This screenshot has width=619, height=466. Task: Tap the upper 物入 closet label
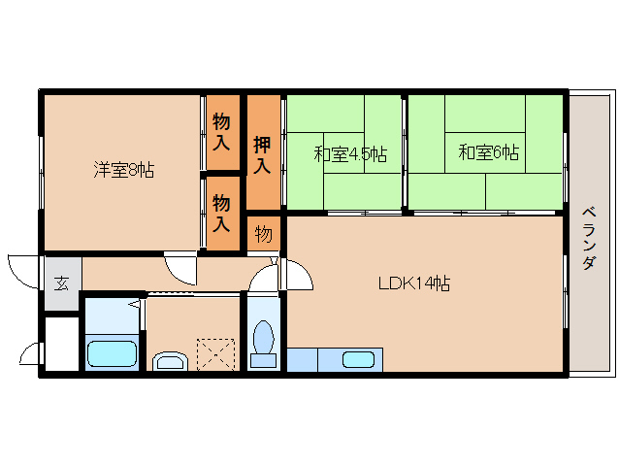[221, 132]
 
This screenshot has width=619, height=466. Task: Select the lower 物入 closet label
[221, 213]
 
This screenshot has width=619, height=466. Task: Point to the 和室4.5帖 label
[350, 153]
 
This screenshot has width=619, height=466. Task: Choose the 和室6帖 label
[488, 152]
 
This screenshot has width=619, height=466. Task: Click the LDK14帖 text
[413, 283]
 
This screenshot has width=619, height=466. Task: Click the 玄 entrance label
[61, 283]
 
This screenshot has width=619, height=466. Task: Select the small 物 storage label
[262, 234]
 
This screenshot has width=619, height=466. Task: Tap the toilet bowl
[263, 339]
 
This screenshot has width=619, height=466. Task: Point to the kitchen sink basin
[358, 360]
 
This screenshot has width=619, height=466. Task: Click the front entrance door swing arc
[23, 268]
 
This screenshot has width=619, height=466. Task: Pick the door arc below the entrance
[31, 355]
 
